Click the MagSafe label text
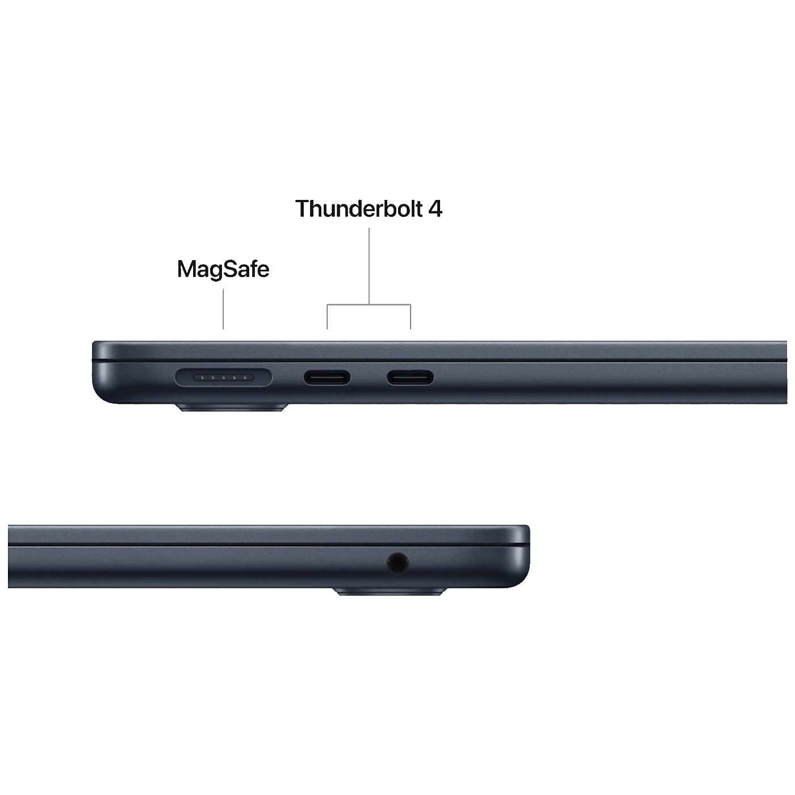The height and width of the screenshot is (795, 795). pos(223,269)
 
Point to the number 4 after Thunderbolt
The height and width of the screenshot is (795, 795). pos(435,208)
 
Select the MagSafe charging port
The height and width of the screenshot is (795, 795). pos(223,377)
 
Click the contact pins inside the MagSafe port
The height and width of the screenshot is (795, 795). pos(223,377)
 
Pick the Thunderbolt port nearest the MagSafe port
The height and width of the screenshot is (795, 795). pos(327,377)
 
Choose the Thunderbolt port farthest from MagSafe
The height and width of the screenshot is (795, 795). pos(410,377)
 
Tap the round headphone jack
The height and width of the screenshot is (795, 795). pos(398,563)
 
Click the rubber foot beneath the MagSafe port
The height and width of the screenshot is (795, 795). pos(232,408)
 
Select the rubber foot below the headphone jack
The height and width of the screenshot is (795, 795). pos(390,592)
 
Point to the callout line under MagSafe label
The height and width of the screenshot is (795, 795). pos(223,308)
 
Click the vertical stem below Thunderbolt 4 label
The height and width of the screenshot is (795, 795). pos(369,266)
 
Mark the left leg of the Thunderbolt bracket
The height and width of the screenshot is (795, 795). pos(327,317)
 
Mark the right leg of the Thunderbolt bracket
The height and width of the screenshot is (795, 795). pos(411,317)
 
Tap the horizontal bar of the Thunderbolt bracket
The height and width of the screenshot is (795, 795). pos(369,305)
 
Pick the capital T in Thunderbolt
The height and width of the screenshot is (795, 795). pos(303,209)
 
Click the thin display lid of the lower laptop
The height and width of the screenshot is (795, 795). pos(268,535)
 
